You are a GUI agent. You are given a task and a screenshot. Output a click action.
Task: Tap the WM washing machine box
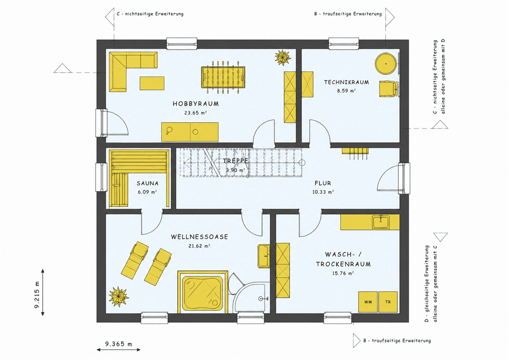(x=368, y=302)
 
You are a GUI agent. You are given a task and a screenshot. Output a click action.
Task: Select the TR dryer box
(x=388, y=302)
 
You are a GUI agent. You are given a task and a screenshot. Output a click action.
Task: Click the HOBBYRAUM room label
(x=196, y=104)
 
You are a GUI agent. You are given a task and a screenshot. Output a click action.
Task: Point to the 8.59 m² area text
(x=346, y=91)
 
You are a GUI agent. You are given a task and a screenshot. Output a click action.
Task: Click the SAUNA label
(x=147, y=183)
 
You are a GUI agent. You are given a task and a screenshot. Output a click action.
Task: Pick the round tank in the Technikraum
(x=386, y=64)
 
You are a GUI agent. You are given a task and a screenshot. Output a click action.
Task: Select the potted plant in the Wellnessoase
(x=119, y=296)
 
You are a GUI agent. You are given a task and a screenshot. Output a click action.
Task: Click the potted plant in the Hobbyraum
(x=282, y=57)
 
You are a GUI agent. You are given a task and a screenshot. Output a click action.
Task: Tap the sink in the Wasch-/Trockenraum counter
(x=381, y=222)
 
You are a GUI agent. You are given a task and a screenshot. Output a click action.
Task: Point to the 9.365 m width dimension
(x=119, y=345)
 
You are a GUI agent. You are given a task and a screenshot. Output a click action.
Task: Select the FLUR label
(x=323, y=183)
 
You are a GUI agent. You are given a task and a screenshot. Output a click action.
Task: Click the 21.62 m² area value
(x=199, y=246)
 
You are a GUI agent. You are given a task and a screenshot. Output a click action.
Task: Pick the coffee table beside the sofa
(x=152, y=83)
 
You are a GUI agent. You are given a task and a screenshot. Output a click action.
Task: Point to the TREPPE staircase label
(x=236, y=161)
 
